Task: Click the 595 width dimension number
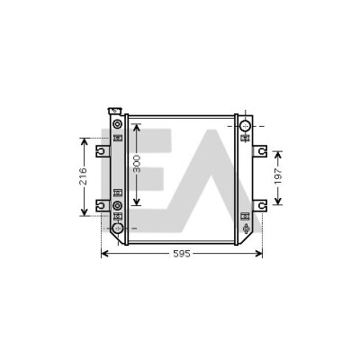click(182, 254)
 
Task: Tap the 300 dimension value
click(137, 164)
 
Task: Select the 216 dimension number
click(83, 176)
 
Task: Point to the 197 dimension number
click(278, 176)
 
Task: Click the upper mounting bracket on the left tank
click(103, 151)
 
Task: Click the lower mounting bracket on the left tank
click(103, 205)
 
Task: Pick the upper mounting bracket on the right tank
click(260, 151)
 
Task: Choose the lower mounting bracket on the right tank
click(260, 205)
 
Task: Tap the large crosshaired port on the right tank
click(246, 126)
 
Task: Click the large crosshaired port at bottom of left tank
click(118, 229)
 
